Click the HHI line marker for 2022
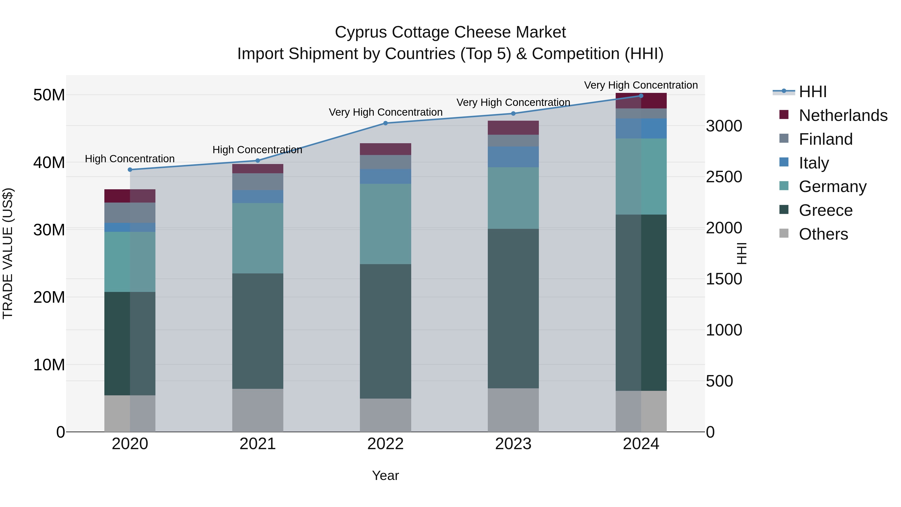[385, 123]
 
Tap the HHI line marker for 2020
[130, 170]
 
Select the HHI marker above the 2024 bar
[641, 96]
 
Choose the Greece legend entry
[825, 210]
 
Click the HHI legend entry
[812, 92]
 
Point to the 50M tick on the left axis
[49, 95]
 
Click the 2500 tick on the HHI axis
[724, 177]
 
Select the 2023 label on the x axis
[513, 444]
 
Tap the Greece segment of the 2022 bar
[385, 331]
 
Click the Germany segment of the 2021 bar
[258, 238]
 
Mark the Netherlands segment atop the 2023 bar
[513, 128]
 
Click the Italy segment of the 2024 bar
[641, 128]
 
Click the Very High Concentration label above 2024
[641, 85]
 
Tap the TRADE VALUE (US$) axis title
[8, 253]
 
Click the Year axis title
[385, 475]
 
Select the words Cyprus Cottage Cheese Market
[450, 32]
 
